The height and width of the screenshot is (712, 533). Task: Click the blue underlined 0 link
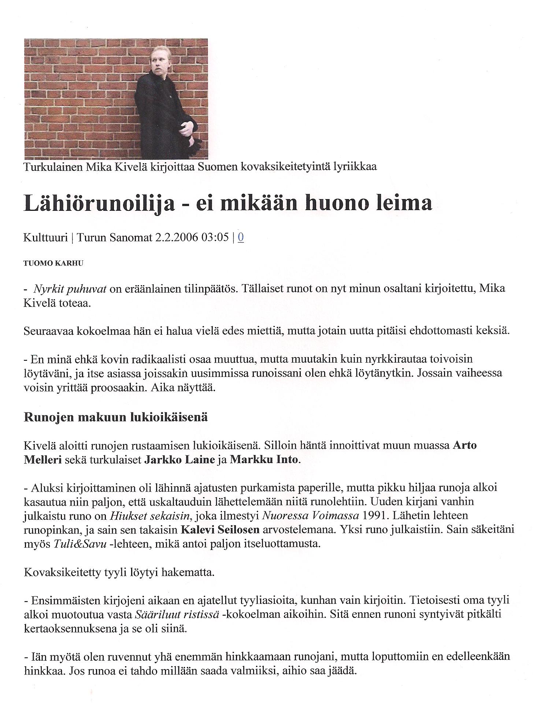[241, 238]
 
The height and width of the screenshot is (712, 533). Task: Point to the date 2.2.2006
[177, 238]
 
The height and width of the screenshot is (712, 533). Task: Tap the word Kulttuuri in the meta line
[46, 238]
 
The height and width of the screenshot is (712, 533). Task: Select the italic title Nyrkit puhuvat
[70, 289]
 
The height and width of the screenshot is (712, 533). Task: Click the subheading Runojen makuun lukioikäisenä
[116, 418]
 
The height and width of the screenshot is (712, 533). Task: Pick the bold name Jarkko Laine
[179, 460]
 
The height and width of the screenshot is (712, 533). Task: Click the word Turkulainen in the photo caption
[53, 167]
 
